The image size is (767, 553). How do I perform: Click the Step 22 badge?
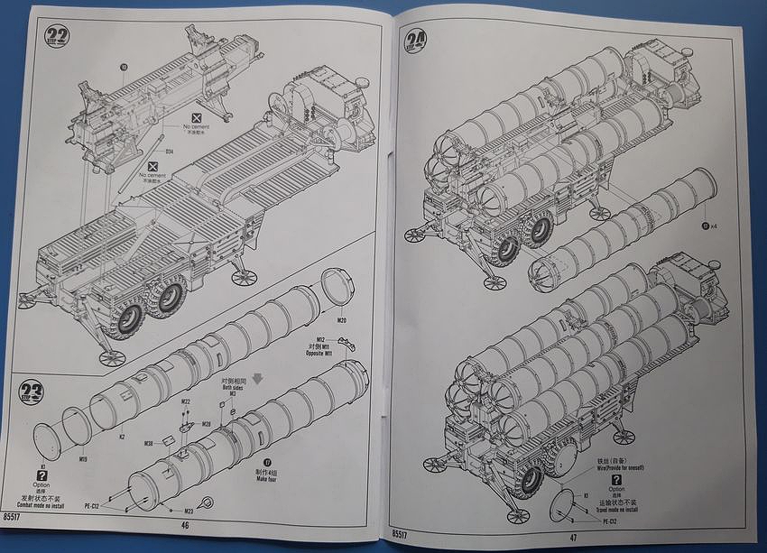(x=57, y=37)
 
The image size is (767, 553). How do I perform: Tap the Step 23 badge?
(x=32, y=392)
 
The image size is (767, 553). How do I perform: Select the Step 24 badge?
(x=417, y=40)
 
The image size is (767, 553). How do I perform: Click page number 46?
(x=186, y=523)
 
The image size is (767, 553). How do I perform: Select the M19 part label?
(x=82, y=459)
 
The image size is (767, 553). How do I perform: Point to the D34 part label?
(x=169, y=152)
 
